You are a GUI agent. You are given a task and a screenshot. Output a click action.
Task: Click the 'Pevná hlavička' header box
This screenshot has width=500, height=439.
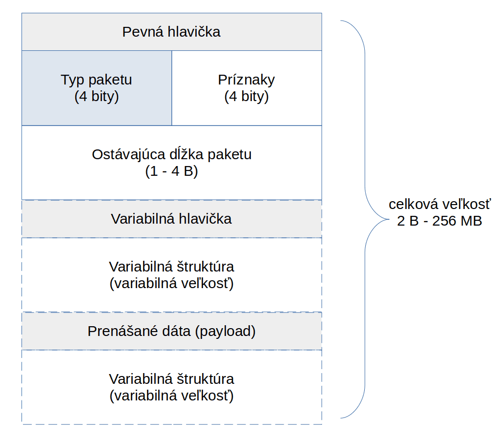[171, 32]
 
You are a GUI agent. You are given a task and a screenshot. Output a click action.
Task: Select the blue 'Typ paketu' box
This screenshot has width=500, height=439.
[97, 88]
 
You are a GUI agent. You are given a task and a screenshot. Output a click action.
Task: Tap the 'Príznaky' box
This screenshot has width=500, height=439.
[247, 88]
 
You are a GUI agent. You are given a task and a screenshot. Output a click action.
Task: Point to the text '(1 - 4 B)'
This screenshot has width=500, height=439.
[171, 171]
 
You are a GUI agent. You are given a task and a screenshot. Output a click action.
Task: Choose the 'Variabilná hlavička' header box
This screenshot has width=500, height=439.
[171, 219]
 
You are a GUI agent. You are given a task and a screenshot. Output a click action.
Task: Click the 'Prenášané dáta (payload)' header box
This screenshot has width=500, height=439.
[171, 331]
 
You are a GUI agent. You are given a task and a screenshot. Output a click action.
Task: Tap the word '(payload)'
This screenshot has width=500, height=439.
[225, 332]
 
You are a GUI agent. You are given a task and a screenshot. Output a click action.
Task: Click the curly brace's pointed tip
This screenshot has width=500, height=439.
[389, 219]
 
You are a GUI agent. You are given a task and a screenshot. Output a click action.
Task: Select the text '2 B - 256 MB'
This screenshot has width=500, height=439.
[439, 221]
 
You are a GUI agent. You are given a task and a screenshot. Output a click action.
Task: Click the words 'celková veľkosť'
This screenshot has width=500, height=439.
[440, 204]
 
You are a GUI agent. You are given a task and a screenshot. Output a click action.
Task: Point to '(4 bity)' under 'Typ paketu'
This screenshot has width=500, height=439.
[97, 97]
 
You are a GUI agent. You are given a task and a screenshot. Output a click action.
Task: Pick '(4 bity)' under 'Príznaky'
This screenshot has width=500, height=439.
[247, 97]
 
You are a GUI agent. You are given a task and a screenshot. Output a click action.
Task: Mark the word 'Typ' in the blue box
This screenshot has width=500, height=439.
[72, 80]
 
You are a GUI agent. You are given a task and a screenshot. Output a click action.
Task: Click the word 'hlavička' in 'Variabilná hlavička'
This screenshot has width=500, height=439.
[205, 219]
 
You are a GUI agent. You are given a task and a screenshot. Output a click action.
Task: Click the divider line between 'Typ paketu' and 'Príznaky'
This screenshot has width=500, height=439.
[172, 88]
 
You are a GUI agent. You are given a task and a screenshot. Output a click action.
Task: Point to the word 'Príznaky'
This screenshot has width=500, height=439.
[247, 80]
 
